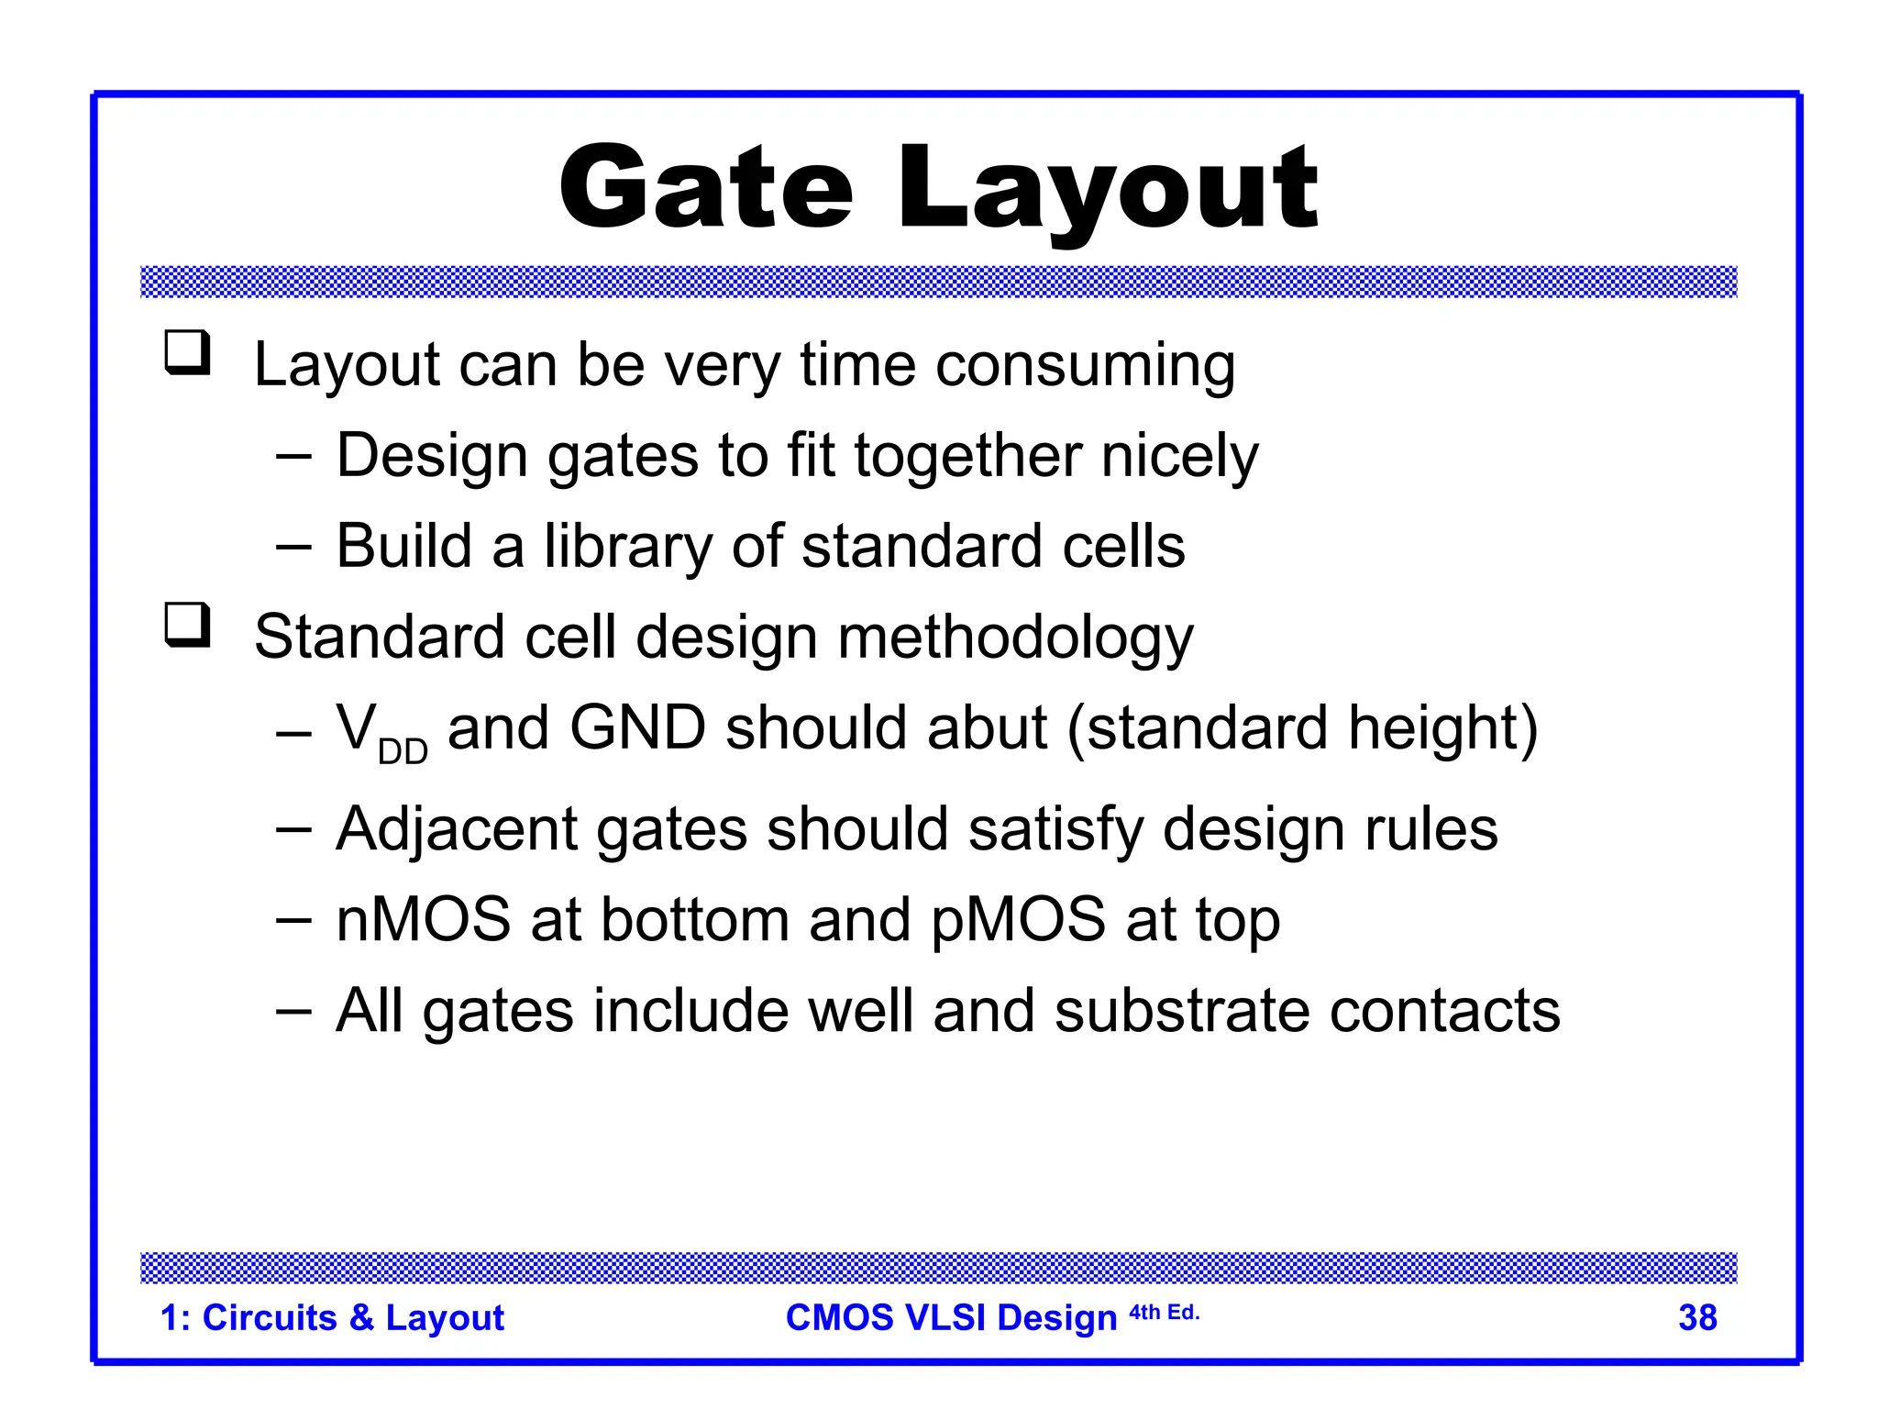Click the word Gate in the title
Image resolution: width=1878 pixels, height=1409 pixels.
[x=705, y=189]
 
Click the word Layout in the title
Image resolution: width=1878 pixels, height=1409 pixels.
[x=1107, y=193]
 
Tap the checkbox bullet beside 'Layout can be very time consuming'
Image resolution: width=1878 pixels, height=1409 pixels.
[x=188, y=353]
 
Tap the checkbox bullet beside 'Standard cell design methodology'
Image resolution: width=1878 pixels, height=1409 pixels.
[x=188, y=625]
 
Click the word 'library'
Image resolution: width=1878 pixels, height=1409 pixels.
[x=627, y=548]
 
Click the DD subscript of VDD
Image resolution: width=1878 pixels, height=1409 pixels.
[x=403, y=752]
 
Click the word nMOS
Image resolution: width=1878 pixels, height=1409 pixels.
[x=423, y=920]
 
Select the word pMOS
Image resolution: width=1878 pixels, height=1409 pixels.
[x=1018, y=920]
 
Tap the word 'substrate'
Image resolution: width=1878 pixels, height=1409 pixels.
[x=1182, y=1011]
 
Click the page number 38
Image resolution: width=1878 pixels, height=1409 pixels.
[x=1697, y=1318]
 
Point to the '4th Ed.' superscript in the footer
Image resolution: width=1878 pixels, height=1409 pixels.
[x=1164, y=1313]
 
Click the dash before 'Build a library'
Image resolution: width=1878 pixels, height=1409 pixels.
[x=293, y=548]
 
